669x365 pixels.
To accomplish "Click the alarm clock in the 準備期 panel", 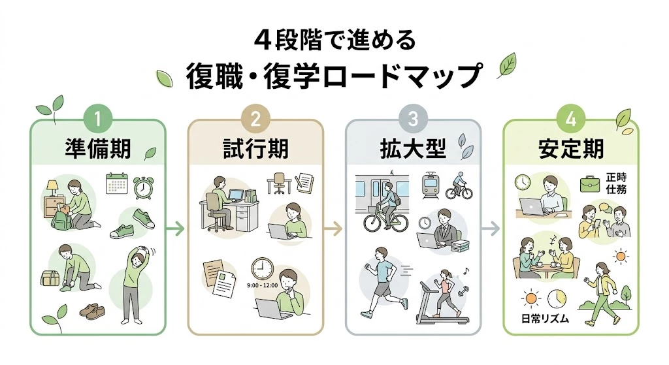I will pos(143,187).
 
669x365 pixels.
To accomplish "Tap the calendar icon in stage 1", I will pos(116,184).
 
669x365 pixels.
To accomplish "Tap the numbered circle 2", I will pos(255,119).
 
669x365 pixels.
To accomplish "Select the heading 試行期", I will pos(255,150).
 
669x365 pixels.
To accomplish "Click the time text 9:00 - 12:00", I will pos(263,285).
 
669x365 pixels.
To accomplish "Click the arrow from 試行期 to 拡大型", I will pos(333,229).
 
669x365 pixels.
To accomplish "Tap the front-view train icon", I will pos(431,185).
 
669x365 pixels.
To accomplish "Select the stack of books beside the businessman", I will pos(460,246).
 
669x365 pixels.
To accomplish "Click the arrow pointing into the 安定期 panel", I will pos(490,229).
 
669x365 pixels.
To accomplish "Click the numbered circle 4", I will pos(570,119).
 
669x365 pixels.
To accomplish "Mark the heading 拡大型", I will pos(412,150).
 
